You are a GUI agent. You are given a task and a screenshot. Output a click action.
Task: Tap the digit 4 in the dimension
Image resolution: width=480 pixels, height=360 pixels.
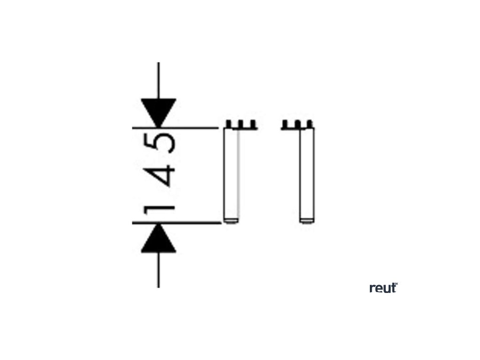(165, 175)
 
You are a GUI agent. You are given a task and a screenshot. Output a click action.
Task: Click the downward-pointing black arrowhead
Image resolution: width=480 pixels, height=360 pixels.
(158, 112)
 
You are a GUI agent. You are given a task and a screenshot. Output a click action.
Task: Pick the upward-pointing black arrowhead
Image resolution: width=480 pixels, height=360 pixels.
(158, 239)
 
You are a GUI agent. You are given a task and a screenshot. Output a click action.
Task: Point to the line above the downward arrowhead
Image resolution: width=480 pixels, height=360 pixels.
(158, 80)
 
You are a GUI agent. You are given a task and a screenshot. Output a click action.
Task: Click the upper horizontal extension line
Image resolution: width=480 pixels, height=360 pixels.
(197, 127)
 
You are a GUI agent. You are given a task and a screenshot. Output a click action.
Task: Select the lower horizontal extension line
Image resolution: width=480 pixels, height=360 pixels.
(197, 223)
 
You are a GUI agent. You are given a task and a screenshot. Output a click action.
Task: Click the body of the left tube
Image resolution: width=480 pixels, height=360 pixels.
(232, 173)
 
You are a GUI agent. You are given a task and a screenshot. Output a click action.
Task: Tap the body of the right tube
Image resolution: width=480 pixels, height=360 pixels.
(307, 173)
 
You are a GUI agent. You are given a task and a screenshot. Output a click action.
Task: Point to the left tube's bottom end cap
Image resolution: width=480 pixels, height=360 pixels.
(232, 220)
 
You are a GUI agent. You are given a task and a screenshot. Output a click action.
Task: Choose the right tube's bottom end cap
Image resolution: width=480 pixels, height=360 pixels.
(307, 220)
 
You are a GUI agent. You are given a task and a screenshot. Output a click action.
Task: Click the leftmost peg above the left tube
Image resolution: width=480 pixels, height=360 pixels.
(228, 124)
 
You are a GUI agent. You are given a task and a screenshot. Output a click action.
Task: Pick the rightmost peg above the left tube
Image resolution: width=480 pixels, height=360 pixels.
(254, 124)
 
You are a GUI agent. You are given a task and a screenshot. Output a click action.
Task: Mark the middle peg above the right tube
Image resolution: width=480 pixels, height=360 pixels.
(299, 124)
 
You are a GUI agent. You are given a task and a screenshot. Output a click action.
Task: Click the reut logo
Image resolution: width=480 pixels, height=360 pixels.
(383, 288)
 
